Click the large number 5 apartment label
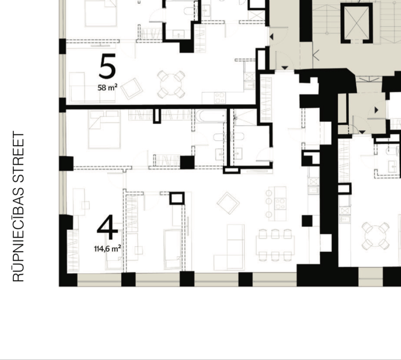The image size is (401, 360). tap(107, 66)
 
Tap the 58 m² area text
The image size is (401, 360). tap(107, 87)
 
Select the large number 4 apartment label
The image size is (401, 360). tap(107, 227)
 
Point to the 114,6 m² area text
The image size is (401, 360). tap(107, 248)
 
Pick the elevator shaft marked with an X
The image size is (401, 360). tap(357, 23)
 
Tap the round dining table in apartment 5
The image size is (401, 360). tap(171, 84)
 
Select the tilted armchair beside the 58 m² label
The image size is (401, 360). tap(132, 89)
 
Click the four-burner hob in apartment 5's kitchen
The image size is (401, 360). tap(220, 98)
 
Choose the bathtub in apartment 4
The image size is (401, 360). tap(211, 116)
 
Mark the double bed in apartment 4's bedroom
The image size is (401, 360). tap(104, 129)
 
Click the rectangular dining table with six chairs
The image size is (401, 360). tap(275, 245)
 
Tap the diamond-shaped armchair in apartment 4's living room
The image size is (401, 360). tap(228, 203)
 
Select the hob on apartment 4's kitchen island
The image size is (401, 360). tap(280, 204)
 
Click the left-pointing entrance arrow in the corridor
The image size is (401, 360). tap(272, 37)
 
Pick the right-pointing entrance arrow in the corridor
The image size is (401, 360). tap(376, 110)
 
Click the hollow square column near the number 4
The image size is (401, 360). tap(177, 198)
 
